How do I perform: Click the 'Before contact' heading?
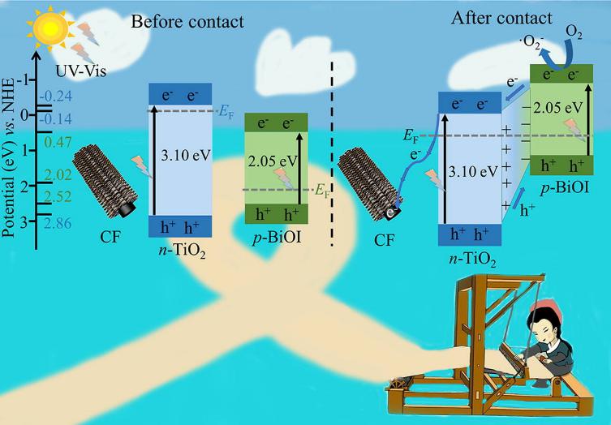(x=187, y=21)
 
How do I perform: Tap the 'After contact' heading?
(x=501, y=18)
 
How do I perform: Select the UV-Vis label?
(x=80, y=71)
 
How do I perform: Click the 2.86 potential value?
(x=58, y=223)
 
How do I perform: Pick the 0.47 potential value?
(x=58, y=143)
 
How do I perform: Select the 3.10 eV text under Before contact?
(x=186, y=156)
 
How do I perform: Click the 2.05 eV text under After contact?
(x=558, y=108)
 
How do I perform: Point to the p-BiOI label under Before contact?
(x=277, y=237)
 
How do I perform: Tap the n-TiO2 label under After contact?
(x=472, y=260)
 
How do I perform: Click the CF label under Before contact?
(x=110, y=236)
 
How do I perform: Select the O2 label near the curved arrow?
(x=574, y=34)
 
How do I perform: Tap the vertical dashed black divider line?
(x=332, y=154)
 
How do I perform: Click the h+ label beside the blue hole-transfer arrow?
(x=527, y=211)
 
